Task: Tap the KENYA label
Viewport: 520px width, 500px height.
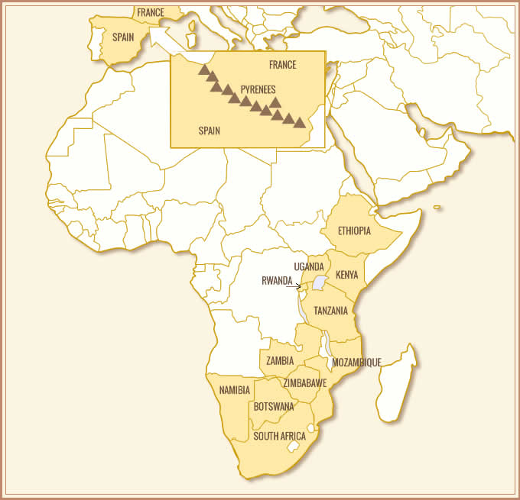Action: tap(346, 274)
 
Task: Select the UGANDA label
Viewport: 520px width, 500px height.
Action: tap(309, 266)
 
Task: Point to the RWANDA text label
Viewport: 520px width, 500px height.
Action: tap(277, 281)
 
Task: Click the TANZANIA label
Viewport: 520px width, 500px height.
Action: tap(331, 311)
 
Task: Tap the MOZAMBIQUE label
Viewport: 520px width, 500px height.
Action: tap(356, 362)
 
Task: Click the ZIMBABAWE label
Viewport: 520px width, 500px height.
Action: tap(306, 382)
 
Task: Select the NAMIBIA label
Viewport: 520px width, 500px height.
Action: tap(234, 390)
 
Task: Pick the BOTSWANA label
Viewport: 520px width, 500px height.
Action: tap(274, 406)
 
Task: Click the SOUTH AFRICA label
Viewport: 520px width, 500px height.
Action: tap(280, 437)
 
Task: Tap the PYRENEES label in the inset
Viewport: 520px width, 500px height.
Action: tap(258, 89)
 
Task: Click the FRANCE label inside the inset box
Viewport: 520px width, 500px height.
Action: tap(282, 65)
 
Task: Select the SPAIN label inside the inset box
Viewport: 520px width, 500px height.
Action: tap(209, 131)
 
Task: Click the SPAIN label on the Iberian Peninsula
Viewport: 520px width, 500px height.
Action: tap(123, 37)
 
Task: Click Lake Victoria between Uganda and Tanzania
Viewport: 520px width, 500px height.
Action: tap(318, 283)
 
